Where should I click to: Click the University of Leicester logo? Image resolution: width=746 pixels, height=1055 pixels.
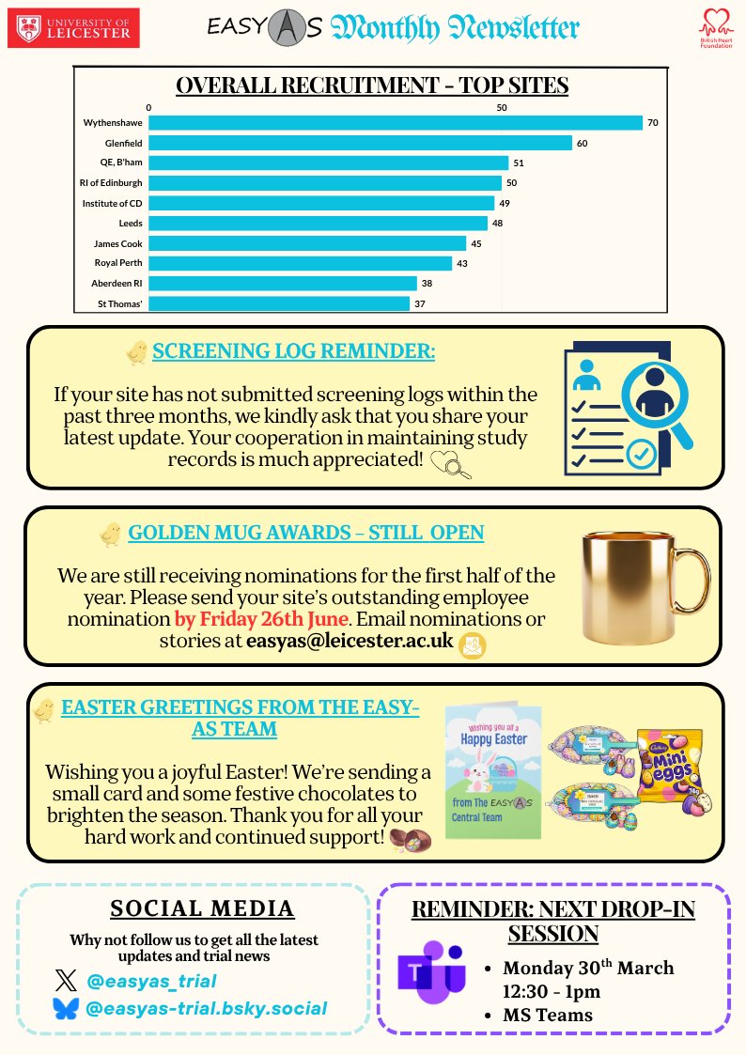pyautogui.click(x=73, y=27)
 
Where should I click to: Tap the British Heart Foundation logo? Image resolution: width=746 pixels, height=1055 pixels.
pyautogui.click(x=716, y=29)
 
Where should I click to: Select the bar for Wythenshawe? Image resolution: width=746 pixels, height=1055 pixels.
pyautogui.click(x=395, y=123)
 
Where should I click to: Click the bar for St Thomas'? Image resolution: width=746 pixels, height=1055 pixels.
pyautogui.click(x=279, y=303)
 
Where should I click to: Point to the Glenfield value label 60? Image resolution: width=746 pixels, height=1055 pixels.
pyautogui.click(x=583, y=144)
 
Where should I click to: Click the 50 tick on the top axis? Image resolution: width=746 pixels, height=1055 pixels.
pyautogui.click(x=502, y=108)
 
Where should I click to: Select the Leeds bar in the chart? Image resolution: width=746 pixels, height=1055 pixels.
pyautogui.click(x=318, y=224)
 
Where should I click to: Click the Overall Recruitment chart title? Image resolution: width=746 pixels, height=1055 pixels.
pyautogui.click(x=372, y=85)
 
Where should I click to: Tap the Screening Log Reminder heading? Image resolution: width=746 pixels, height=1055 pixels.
pyautogui.click(x=294, y=352)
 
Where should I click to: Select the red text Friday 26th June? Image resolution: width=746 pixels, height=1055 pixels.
pyautogui.click(x=261, y=619)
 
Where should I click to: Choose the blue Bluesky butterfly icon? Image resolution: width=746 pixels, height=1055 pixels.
pyautogui.click(x=66, y=1009)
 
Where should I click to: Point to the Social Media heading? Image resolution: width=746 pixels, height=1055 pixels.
pyautogui.click(x=202, y=908)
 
